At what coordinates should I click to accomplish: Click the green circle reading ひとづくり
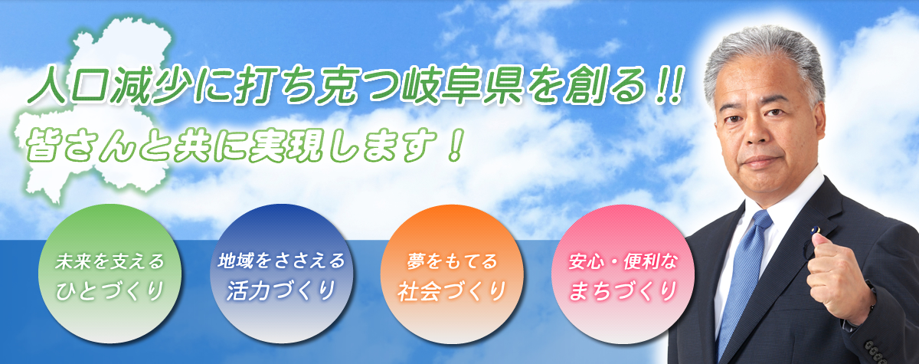(110, 274)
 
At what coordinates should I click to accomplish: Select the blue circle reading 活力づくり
(281, 274)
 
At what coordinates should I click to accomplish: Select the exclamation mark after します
(456, 146)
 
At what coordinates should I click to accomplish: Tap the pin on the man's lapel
(817, 230)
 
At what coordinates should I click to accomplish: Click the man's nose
(756, 132)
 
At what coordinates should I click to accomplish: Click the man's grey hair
(764, 57)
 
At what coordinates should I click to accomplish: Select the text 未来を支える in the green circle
(110, 261)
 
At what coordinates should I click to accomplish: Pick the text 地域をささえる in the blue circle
(281, 261)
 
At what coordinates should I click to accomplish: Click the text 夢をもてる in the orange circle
(452, 261)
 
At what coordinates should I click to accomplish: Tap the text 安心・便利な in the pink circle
(623, 261)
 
